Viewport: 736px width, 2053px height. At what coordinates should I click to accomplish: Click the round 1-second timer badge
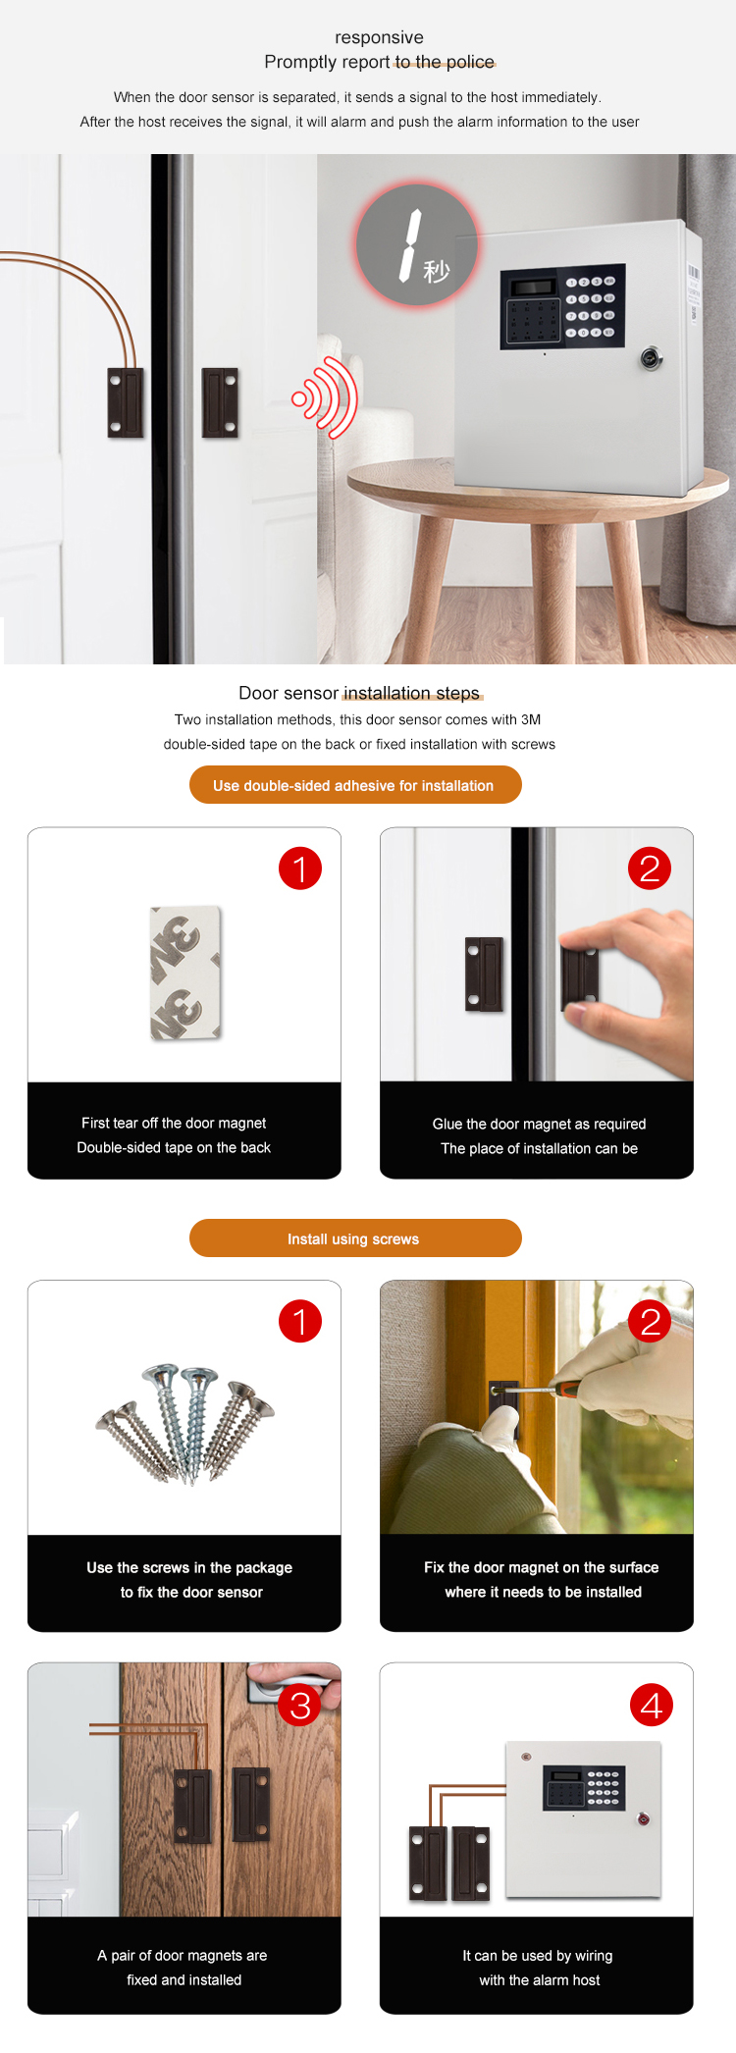(417, 244)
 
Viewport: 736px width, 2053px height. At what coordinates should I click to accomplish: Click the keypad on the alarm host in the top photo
(561, 306)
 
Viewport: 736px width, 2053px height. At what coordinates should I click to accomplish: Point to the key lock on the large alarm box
(651, 358)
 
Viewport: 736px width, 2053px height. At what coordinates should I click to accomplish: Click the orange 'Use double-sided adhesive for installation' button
(354, 785)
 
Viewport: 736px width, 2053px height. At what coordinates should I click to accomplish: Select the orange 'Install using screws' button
(354, 1238)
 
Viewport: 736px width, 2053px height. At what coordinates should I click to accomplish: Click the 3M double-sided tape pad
(185, 973)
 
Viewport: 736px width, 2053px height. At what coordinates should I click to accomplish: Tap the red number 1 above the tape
(300, 869)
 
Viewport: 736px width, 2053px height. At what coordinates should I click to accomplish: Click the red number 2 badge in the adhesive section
(650, 869)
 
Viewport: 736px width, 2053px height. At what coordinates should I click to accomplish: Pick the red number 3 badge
(300, 1706)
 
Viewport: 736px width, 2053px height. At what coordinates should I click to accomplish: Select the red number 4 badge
(652, 1706)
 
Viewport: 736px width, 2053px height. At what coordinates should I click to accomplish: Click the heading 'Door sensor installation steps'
(359, 693)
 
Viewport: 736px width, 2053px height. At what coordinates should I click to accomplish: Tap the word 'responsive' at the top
(379, 37)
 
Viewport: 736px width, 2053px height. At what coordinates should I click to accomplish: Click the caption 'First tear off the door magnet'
(174, 1123)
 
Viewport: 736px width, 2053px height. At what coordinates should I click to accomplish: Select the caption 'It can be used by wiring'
(537, 1955)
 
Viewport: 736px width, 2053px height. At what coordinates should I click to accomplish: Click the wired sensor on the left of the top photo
(126, 402)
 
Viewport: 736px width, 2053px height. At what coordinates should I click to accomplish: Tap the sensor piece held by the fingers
(580, 978)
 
